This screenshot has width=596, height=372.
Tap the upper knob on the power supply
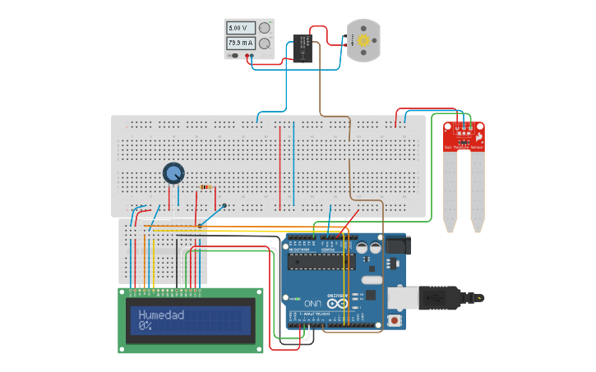click(x=265, y=27)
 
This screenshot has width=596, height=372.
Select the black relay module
click(x=302, y=49)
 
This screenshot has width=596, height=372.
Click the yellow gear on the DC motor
click(x=363, y=39)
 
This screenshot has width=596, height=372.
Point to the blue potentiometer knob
click(x=173, y=172)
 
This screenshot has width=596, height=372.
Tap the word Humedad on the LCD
click(x=161, y=315)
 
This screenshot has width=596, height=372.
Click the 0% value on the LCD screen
click(x=146, y=326)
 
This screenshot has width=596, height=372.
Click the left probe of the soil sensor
click(x=449, y=193)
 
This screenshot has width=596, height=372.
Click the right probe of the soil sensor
click(x=477, y=193)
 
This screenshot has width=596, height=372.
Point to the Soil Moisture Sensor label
click(x=464, y=145)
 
